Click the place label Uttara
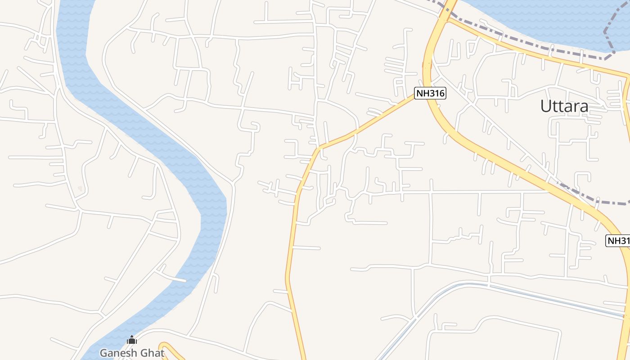(564, 106)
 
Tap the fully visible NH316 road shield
(430, 94)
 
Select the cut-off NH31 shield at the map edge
(618, 240)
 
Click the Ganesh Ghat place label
(132, 353)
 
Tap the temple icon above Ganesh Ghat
(132, 340)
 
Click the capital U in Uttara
(545, 106)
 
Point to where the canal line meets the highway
(627, 317)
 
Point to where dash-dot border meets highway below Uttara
(558, 183)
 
